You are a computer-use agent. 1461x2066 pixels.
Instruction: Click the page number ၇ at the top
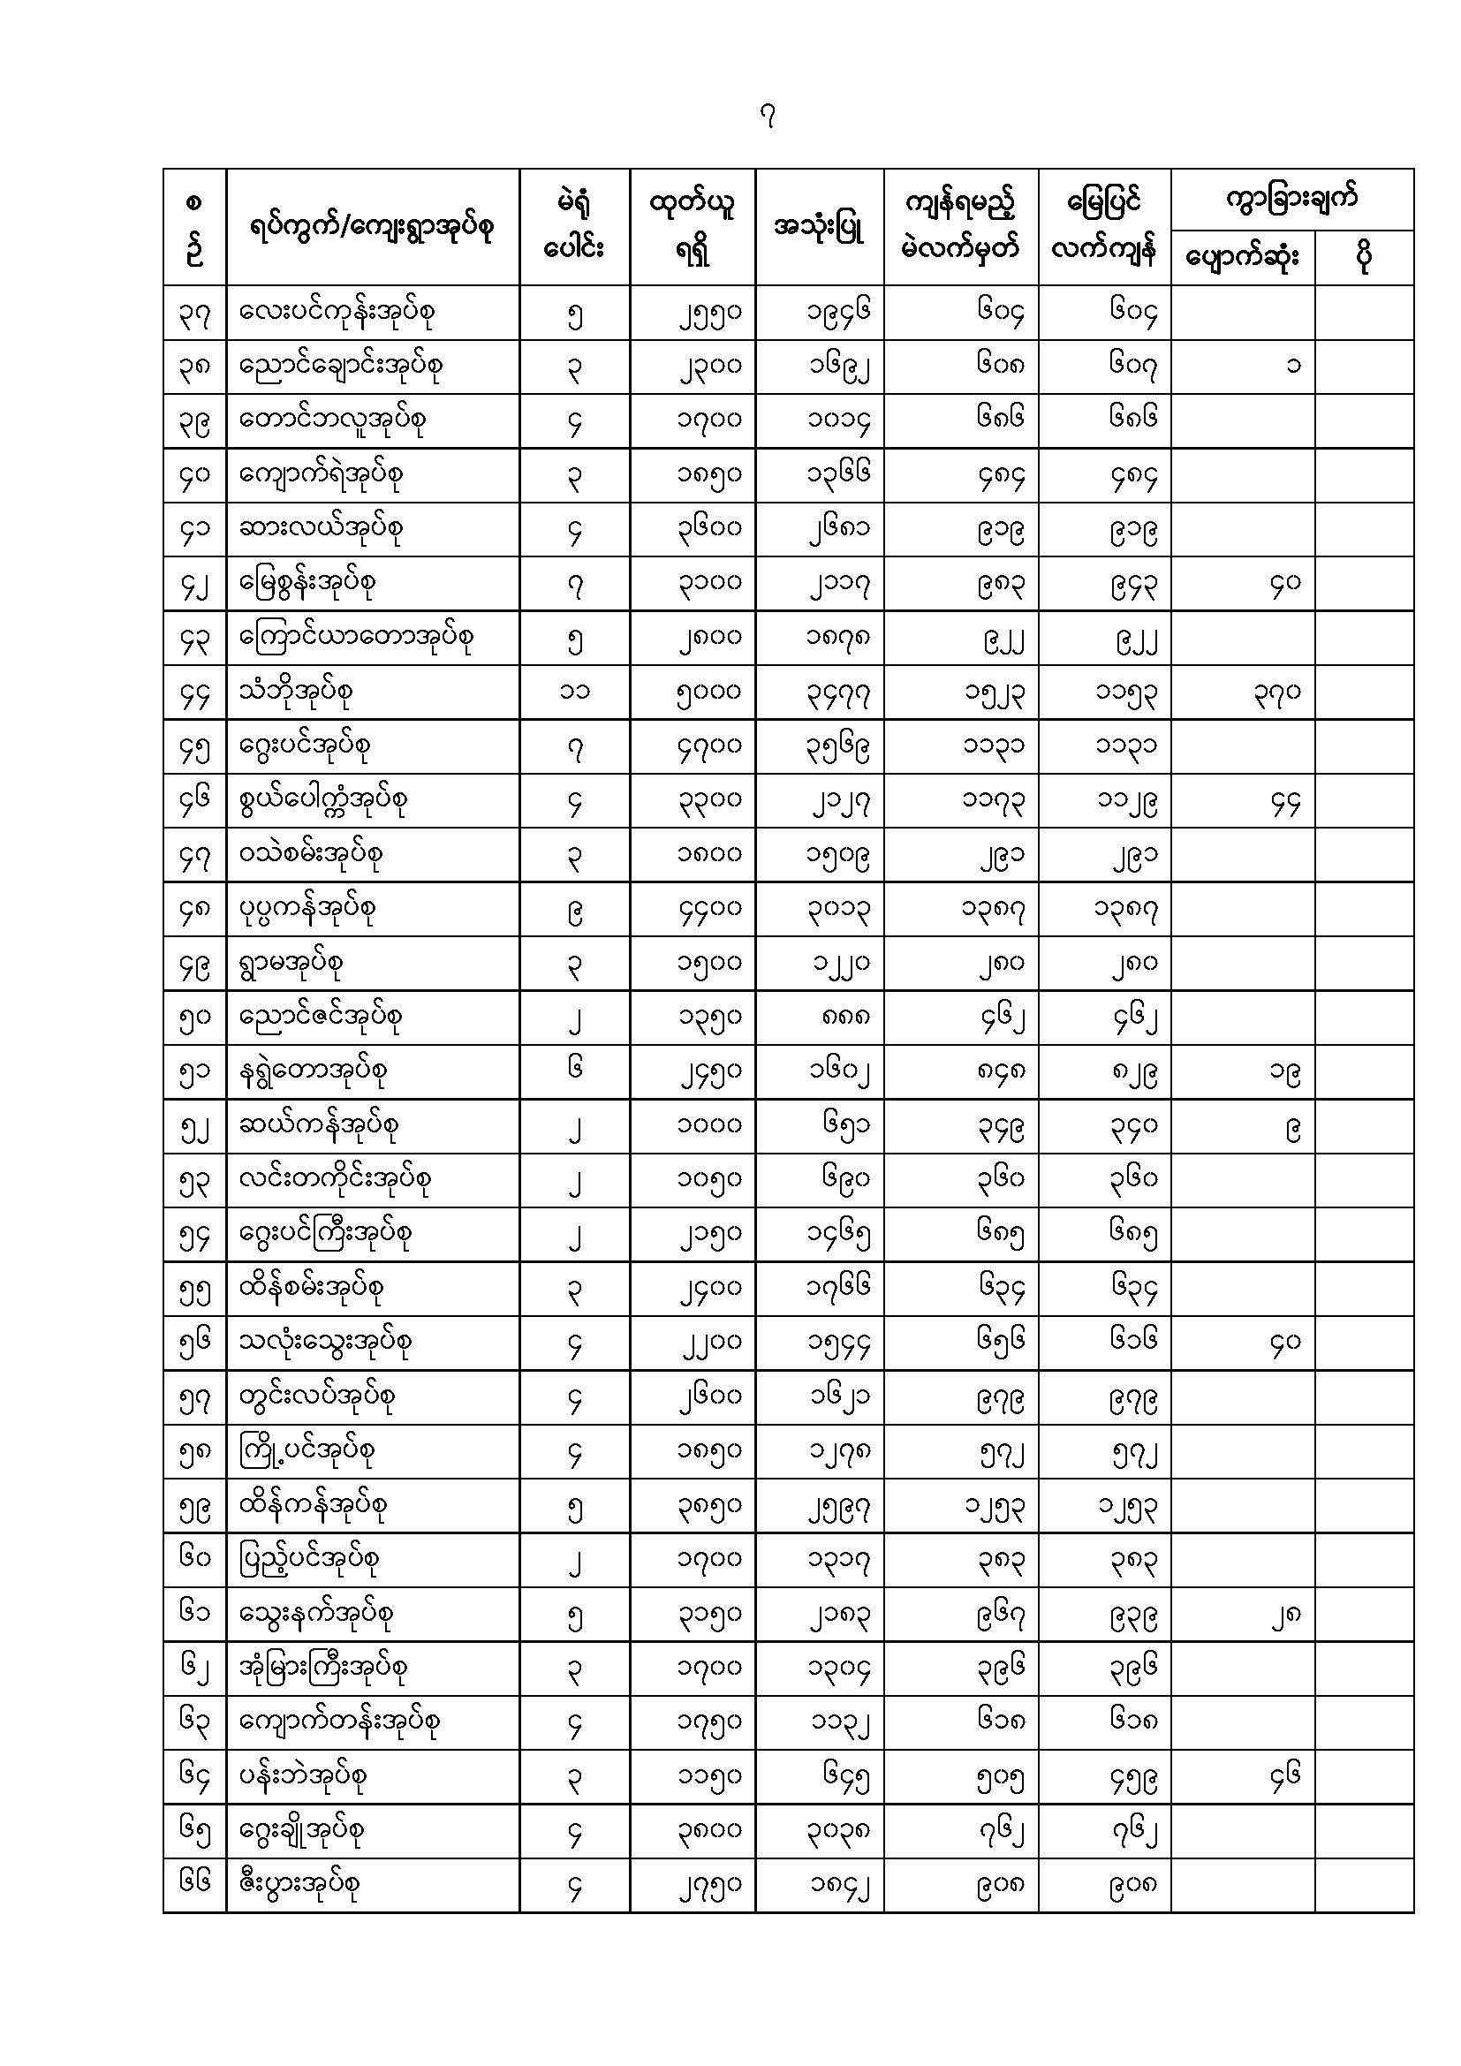[x=768, y=117]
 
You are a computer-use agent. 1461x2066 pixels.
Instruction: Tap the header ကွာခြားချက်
[x=1291, y=198]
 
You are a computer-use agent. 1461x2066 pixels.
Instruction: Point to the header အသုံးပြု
[x=819, y=227]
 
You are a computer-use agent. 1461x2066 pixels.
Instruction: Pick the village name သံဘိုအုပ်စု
[x=296, y=691]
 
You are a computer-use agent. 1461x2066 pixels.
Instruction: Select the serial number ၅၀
[x=194, y=1018]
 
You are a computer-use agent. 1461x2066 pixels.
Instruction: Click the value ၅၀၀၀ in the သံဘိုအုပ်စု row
[x=709, y=692]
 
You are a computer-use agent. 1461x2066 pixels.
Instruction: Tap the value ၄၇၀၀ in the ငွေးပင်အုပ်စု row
[x=709, y=747]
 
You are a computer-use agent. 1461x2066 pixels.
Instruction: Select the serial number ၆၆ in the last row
[x=194, y=1882]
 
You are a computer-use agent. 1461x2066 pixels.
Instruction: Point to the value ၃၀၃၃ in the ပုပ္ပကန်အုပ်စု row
[x=837, y=910]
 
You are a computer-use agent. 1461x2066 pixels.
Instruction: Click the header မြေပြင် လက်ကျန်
[x=1104, y=227]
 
